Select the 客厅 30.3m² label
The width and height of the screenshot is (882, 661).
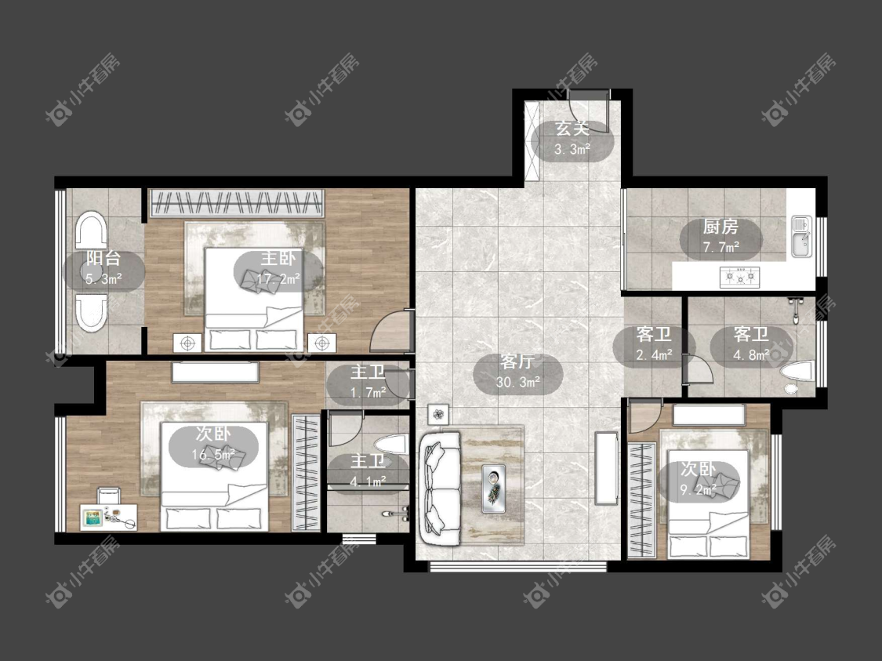pos(517,372)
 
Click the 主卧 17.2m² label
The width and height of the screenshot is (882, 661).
pos(278,269)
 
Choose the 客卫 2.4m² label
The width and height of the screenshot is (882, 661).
pos(654,344)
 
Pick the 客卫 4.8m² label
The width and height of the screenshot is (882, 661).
pos(751,344)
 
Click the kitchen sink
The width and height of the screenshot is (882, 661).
pos(801,236)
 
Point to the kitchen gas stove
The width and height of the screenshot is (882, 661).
pos(740,276)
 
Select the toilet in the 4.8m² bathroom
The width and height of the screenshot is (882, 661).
pos(797,372)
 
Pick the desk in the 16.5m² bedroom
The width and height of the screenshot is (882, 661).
pos(110,517)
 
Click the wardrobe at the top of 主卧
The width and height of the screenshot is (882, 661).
pos(237,202)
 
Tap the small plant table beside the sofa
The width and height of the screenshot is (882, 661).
pos(438,415)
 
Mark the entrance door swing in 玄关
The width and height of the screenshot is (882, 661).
pos(588,111)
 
